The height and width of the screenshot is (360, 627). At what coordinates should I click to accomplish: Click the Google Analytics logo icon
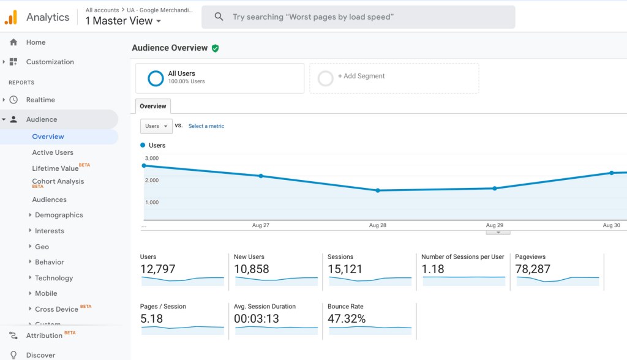pyautogui.click(x=11, y=17)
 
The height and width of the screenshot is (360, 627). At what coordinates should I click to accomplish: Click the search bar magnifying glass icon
pyautogui.click(x=219, y=17)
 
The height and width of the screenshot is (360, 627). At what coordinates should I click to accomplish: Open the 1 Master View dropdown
pyautogui.click(x=123, y=21)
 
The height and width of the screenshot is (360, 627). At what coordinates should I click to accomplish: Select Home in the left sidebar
pyautogui.click(x=36, y=42)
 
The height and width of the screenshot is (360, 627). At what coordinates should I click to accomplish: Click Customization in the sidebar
pyautogui.click(x=50, y=62)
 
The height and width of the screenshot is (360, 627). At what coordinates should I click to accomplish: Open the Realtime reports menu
pyautogui.click(x=40, y=100)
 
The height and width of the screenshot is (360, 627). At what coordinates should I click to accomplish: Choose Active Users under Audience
pyautogui.click(x=53, y=152)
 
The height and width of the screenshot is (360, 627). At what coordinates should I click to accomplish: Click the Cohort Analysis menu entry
pyautogui.click(x=58, y=181)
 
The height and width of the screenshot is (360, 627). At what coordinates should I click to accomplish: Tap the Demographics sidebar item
pyautogui.click(x=59, y=215)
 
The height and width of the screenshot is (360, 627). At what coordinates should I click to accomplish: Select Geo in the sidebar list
pyautogui.click(x=42, y=247)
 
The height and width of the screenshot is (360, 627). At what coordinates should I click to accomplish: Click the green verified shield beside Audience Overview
pyautogui.click(x=215, y=48)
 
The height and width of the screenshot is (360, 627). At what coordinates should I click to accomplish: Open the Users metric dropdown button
pyautogui.click(x=156, y=126)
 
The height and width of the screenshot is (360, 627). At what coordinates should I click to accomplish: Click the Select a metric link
pyautogui.click(x=206, y=126)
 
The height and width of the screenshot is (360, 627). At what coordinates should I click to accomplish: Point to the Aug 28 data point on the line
pyautogui.click(x=378, y=190)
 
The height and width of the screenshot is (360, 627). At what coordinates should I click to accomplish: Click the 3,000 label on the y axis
pyautogui.click(x=152, y=159)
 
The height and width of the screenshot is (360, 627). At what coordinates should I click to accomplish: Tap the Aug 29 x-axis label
pyautogui.click(x=495, y=225)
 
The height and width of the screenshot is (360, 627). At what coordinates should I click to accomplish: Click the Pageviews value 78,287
pyautogui.click(x=533, y=269)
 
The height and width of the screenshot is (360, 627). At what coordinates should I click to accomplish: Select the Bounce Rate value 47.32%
pyautogui.click(x=347, y=318)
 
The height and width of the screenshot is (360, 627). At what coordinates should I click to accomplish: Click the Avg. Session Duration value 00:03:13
pyautogui.click(x=257, y=318)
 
